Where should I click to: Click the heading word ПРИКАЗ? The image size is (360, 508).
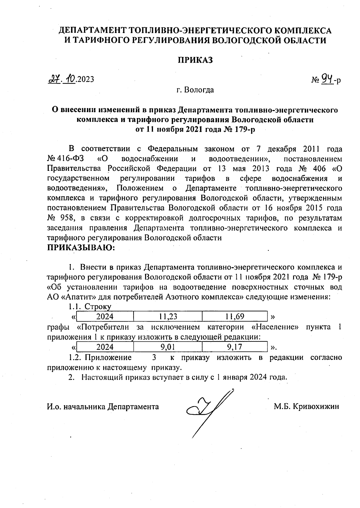pyautogui.click(x=196, y=60)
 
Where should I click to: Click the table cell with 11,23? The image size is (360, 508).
pyautogui.click(x=168, y=316)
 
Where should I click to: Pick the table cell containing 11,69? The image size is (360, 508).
pyautogui.click(x=235, y=316)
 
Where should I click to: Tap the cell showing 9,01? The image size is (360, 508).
pyautogui.click(x=168, y=347)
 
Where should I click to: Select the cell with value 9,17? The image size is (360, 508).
pyautogui.click(x=235, y=347)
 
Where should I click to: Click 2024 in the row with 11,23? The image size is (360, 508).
pyautogui.click(x=105, y=316)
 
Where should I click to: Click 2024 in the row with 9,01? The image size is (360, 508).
pyautogui.click(x=105, y=347)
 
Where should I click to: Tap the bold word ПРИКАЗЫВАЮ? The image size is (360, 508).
pyautogui.click(x=81, y=248)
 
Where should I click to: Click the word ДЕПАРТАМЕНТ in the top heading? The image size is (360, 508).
pyautogui.click(x=93, y=31)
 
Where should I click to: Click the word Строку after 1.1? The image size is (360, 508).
pyautogui.click(x=98, y=307)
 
